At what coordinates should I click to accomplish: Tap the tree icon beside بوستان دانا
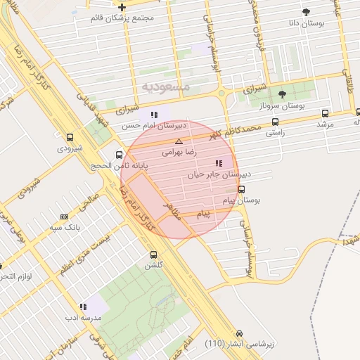pyautogui.click(x=305, y=12)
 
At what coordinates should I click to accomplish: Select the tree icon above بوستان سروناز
pyautogui.click(x=283, y=94)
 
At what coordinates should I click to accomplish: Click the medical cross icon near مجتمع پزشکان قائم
pyautogui.click(x=122, y=6)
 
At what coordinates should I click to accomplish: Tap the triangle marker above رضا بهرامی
pyautogui.click(x=179, y=141)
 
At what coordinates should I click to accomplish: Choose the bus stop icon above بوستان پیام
pyautogui.click(x=241, y=189)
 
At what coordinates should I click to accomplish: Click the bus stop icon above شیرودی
pyautogui.click(x=70, y=137)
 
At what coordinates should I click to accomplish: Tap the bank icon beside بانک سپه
pyautogui.click(x=64, y=217)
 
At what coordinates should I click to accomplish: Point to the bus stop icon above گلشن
pyautogui.click(x=154, y=255)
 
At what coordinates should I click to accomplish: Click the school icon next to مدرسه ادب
pyautogui.click(x=83, y=307)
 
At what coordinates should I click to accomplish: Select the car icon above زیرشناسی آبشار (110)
pyautogui.click(x=240, y=333)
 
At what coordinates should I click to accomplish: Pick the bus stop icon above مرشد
pyautogui.click(x=324, y=113)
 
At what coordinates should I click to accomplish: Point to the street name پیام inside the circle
pyautogui.click(x=203, y=212)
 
